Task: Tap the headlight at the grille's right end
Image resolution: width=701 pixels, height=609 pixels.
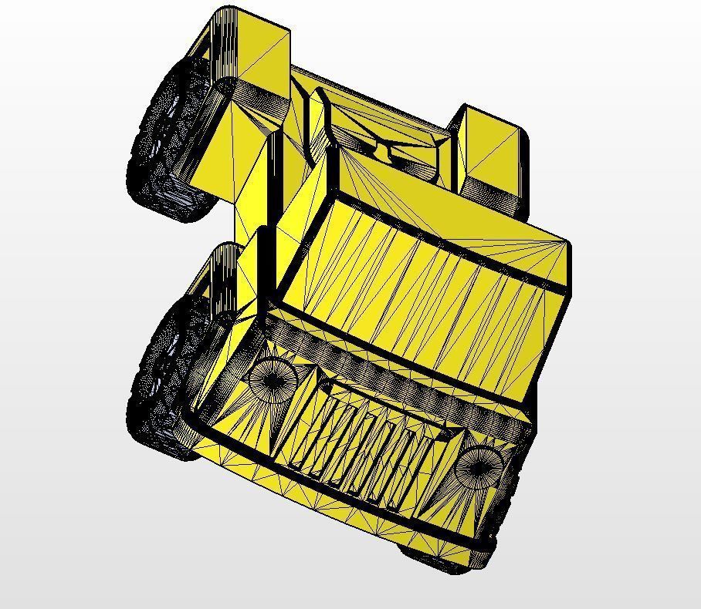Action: point(479,464)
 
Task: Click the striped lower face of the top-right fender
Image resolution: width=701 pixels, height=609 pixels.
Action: point(502,198)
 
